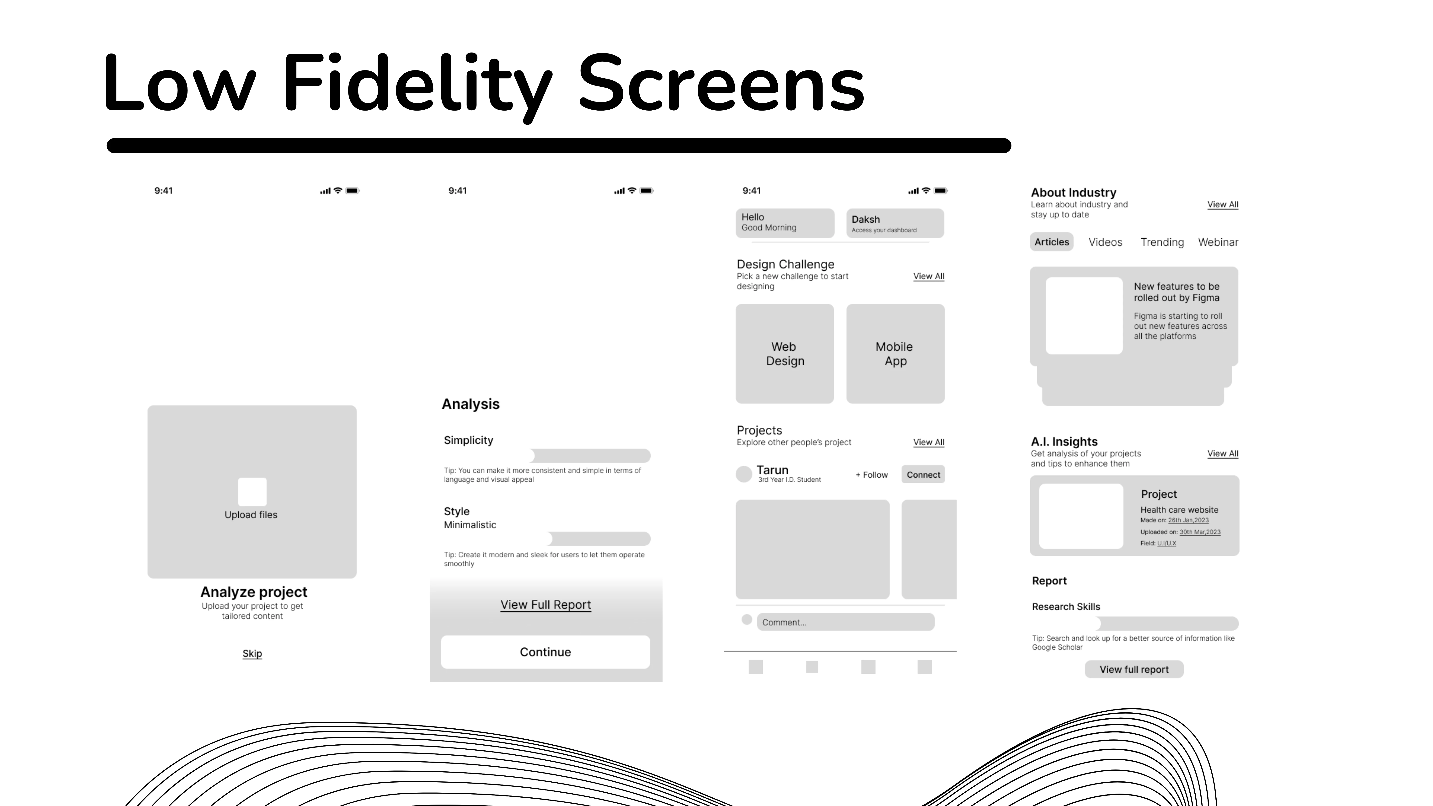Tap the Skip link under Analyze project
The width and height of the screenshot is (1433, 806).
point(252,654)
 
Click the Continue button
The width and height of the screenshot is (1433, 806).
point(545,652)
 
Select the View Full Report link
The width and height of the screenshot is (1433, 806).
point(545,605)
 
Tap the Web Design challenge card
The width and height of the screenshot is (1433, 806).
point(784,354)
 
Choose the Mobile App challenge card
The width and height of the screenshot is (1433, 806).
point(895,354)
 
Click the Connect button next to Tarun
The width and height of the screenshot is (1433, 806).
point(923,475)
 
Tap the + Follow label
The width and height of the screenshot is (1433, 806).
point(872,475)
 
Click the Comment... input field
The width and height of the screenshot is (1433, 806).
point(845,622)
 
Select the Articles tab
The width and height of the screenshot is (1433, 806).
point(1051,242)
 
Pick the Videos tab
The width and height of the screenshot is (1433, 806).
point(1105,242)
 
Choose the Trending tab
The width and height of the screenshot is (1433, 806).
point(1162,242)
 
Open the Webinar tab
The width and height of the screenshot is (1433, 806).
point(1218,242)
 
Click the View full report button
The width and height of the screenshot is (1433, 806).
point(1134,669)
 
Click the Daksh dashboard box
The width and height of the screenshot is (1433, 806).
point(895,223)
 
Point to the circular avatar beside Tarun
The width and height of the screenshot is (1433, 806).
point(744,474)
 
